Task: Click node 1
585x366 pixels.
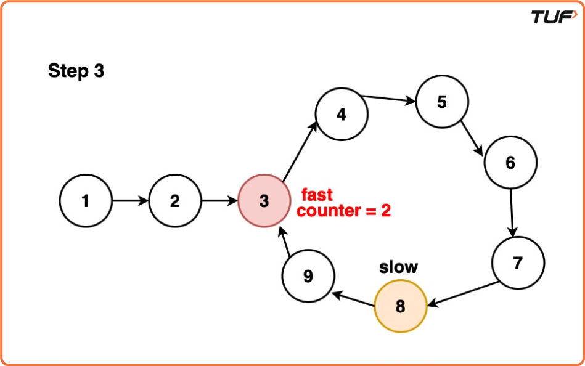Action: pyautogui.click(x=86, y=201)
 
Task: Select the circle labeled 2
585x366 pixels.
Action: pyautogui.click(x=175, y=201)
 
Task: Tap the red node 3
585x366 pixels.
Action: pyautogui.click(x=264, y=201)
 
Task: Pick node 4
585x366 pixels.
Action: pyautogui.click(x=342, y=114)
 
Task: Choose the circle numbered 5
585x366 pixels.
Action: pyautogui.click(x=441, y=102)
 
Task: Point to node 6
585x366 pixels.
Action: pyautogui.click(x=510, y=163)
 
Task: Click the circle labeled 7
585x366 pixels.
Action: pyautogui.click(x=518, y=263)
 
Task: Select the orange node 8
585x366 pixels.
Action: pyautogui.click(x=401, y=306)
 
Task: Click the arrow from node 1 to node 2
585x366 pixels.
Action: pyautogui.click(x=130, y=201)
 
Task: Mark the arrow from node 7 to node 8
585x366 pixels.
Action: pyautogui.click(x=462, y=294)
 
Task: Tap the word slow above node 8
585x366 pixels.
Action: pyautogui.click(x=398, y=267)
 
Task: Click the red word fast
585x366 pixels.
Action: pyautogui.click(x=316, y=195)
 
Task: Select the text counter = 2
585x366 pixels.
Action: pyautogui.click(x=344, y=211)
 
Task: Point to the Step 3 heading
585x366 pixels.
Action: pyautogui.click(x=76, y=71)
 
